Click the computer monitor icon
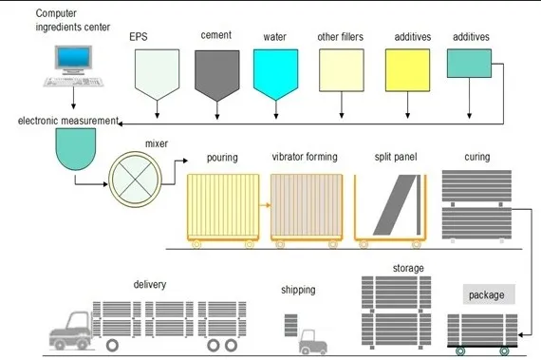[72, 60]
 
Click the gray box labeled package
[489, 294]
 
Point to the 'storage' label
[408, 269]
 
